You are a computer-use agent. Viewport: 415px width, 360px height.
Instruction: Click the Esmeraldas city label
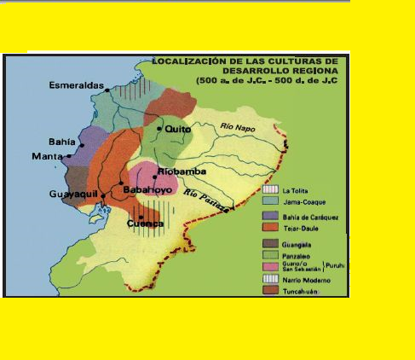[75, 85]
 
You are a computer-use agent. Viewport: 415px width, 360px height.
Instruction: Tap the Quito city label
[177, 128]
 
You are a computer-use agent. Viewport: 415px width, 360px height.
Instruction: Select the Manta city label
[47, 156]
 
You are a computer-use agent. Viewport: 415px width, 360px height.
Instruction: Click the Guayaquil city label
[72, 195]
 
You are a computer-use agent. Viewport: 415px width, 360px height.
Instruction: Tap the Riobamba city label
[177, 171]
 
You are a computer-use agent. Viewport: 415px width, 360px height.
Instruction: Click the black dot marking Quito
[159, 128]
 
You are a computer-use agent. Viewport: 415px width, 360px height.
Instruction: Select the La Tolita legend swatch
[271, 188]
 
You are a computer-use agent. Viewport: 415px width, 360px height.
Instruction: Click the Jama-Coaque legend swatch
[271, 200]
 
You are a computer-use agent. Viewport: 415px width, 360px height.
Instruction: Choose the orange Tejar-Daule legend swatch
[271, 228]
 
